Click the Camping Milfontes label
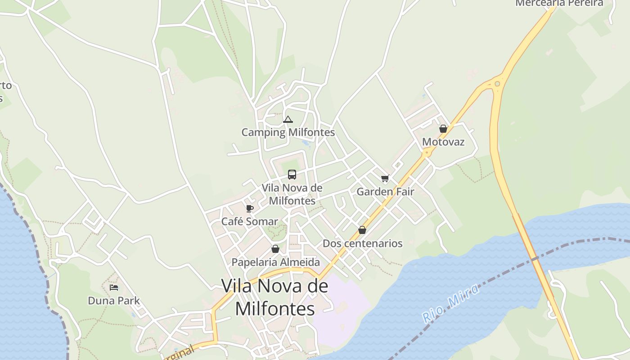coord(288,132)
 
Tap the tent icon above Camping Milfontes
coord(288,120)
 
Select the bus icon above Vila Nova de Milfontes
coord(292,175)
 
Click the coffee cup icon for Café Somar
coord(250,208)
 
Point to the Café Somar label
coord(250,221)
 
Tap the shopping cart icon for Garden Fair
coord(385,179)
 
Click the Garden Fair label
coord(385,191)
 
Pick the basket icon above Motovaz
coord(443,129)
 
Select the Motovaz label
coord(443,142)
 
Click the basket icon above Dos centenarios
coord(362,230)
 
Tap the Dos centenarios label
coord(363,243)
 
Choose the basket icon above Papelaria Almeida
coord(275,249)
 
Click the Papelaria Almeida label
coord(276,262)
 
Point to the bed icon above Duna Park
coord(114,288)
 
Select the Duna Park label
coord(114,301)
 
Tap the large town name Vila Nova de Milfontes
coord(274,297)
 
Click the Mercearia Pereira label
coord(559,3)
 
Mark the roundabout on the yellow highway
coord(497,84)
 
